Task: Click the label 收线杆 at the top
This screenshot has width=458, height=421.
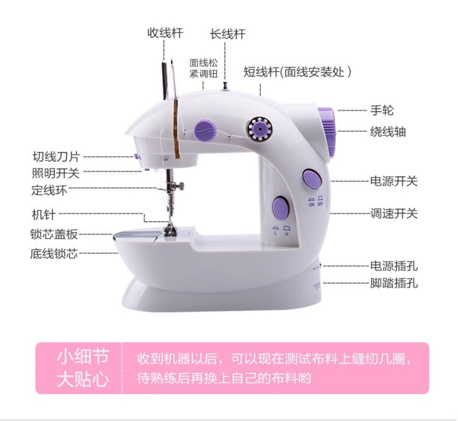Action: click(165, 33)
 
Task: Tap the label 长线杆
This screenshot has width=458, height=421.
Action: click(228, 34)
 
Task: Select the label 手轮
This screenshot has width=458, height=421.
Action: click(382, 110)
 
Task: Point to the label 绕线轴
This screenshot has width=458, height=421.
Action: click(388, 132)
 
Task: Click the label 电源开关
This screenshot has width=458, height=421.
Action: click(394, 181)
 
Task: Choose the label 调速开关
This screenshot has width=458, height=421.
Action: click(394, 214)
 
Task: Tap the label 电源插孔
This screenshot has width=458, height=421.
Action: click(394, 266)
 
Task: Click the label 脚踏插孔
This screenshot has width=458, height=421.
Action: click(394, 283)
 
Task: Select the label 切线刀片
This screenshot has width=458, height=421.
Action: click(56, 156)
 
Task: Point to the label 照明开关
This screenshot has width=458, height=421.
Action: click(55, 173)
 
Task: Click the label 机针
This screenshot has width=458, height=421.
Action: click(43, 214)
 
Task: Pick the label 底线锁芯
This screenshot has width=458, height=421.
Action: click(54, 253)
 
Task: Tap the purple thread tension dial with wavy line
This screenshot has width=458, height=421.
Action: click(205, 130)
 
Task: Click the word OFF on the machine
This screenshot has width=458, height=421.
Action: click(320, 204)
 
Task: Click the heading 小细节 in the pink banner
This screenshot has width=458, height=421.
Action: click(83, 357)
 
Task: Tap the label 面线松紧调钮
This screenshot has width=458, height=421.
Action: click(204, 68)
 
